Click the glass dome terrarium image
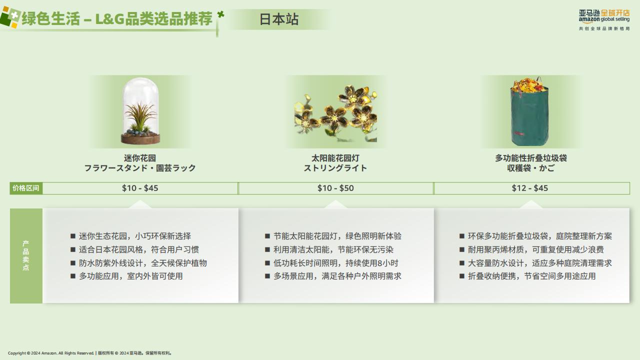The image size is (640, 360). tap(140, 111)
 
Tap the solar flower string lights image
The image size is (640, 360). tap(335, 113)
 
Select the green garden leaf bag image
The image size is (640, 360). tap(530, 111)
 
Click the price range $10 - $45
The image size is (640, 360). tap(140, 188)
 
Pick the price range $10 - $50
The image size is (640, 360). tap(335, 188)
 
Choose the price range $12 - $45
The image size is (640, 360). tap(530, 188)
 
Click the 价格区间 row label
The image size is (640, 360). tap(25, 188)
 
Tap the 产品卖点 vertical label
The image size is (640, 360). tap(26, 255)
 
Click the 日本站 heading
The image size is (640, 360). tap(279, 19)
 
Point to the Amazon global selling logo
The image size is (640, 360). tap(604, 19)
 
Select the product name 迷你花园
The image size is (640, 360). tap(140, 158)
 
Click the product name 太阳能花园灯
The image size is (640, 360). tap(335, 158)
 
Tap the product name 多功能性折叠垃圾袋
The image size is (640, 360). tap(531, 158)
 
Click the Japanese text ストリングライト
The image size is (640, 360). tap(335, 168)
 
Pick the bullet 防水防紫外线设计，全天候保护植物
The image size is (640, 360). tap(143, 263)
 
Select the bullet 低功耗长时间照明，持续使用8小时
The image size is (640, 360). tap(335, 263)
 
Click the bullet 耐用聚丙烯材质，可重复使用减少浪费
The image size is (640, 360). tap(535, 249)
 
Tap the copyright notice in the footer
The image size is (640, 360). tap(90, 353)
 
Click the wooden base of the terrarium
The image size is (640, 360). tap(140, 139)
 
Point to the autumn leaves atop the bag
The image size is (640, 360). tap(529, 85)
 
